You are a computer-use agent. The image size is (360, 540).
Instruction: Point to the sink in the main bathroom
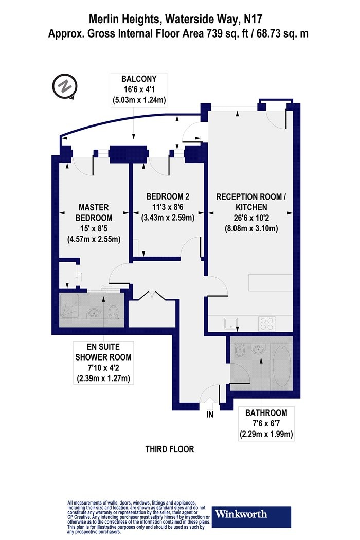click(260, 351)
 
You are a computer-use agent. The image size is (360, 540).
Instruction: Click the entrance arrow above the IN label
click(209, 402)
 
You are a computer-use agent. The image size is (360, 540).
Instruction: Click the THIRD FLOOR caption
click(170, 449)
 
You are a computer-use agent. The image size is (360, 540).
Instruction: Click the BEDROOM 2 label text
click(168, 196)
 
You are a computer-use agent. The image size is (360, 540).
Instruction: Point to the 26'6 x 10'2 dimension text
click(249, 218)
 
